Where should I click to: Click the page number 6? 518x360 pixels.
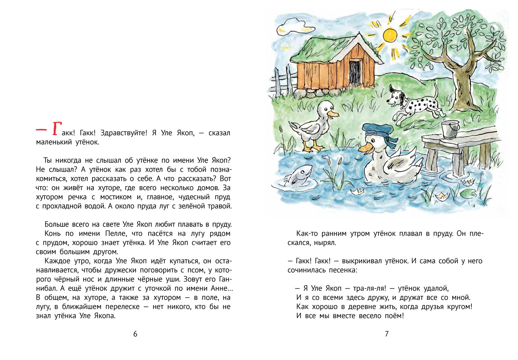[135, 334]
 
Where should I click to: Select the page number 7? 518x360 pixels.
[386, 334]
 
